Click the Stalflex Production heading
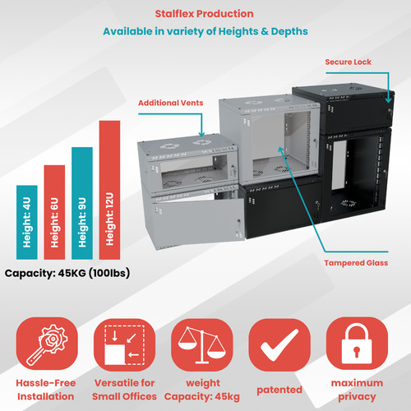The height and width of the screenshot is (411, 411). (x=204, y=14)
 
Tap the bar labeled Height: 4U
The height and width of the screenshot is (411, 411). (x=27, y=222)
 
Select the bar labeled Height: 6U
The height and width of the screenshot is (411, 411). (x=54, y=212)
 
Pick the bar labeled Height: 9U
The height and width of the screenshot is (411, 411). (x=82, y=203)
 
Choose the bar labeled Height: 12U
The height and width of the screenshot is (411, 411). (x=109, y=190)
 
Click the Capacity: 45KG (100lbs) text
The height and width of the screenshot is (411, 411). (x=67, y=273)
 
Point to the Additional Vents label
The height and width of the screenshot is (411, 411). (x=170, y=103)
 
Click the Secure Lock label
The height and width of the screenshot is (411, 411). (x=348, y=62)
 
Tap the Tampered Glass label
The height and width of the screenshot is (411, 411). (x=356, y=263)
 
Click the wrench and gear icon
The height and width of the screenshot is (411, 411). (x=47, y=344)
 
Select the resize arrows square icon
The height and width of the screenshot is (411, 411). (x=124, y=344)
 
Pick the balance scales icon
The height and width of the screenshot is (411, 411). (x=202, y=344)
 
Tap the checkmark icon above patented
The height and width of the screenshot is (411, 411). (x=279, y=344)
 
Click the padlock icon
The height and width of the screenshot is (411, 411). (x=357, y=344)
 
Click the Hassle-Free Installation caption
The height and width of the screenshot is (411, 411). (x=46, y=390)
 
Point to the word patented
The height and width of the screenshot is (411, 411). (x=279, y=390)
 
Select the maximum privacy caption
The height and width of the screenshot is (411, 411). (x=357, y=390)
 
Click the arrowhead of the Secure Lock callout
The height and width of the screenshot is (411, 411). (x=388, y=100)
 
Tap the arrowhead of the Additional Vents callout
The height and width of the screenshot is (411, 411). (x=201, y=134)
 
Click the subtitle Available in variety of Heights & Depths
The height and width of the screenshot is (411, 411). (x=205, y=31)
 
